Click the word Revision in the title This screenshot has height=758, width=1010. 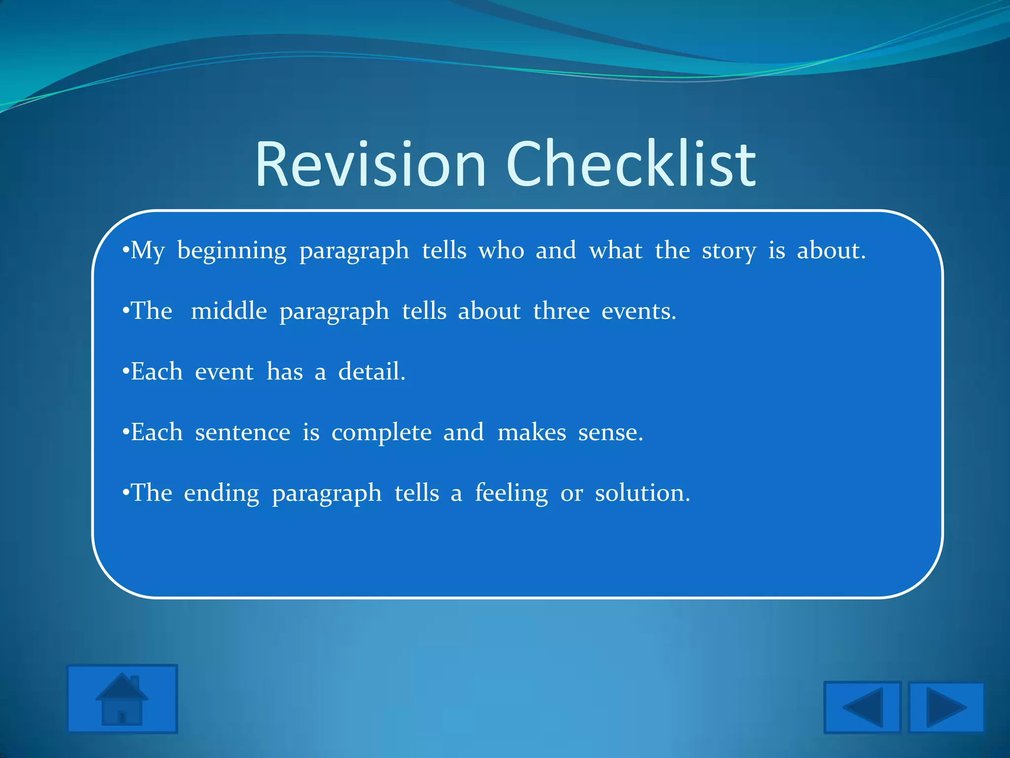(x=370, y=164)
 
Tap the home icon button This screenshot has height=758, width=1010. (x=122, y=699)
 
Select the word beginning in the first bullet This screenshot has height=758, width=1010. (x=232, y=251)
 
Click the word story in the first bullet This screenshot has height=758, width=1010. (x=728, y=251)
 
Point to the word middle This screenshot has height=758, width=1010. (x=229, y=311)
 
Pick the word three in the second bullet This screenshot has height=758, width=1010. (x=561, y=311)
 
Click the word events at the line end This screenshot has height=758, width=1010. (x=639, y=311)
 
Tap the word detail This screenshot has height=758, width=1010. (x=371, y=372)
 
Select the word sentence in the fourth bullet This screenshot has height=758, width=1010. (x=243, y=433)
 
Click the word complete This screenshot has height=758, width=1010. (x=381, y=433)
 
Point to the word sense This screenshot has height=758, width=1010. (x=610, y=433)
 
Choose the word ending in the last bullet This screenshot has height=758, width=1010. (x=221, y=493)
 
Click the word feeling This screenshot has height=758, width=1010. (x=511, y=493)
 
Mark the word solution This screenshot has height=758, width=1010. (x=642, y=493)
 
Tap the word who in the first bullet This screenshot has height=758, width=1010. (x=501, y=251)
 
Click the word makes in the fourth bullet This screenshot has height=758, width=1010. (x=532, y=433)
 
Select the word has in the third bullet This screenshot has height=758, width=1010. (x=285, y=372)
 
